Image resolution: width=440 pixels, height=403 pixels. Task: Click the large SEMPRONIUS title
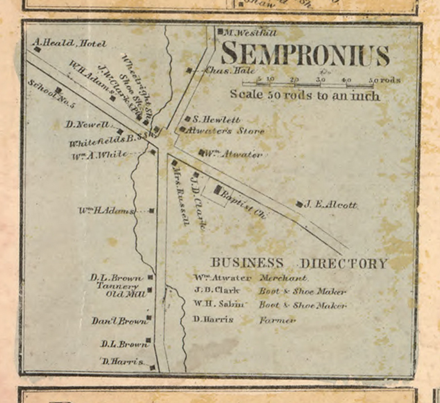click(x=305, y=54)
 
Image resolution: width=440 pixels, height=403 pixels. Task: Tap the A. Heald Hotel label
click(x=69, y=43)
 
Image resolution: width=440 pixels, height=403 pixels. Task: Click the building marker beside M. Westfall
click(x=220, y=32)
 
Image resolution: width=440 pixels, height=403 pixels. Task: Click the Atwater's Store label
click(x=225, y=131)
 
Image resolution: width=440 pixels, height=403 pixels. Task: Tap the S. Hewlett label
click(x=216, y=120)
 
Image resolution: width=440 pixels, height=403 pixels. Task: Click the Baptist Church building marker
click(x=218, y=190)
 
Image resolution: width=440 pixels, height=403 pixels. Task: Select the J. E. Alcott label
click(x=331, y=205)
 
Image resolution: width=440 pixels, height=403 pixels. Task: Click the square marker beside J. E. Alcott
click(x=299, y=204)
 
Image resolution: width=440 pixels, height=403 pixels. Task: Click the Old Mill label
click(x=126, y=294)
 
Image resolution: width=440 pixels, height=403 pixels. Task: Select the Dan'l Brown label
click(x=119, y=321)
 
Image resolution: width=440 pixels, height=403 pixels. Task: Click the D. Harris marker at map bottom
click(x=152, y=368)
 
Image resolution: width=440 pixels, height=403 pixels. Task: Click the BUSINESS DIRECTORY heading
click(x=298, y=263)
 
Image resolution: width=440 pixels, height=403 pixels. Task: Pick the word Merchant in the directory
click(x=283, y=278)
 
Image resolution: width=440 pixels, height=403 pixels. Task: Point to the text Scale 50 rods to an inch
click(x=305, y=95)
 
